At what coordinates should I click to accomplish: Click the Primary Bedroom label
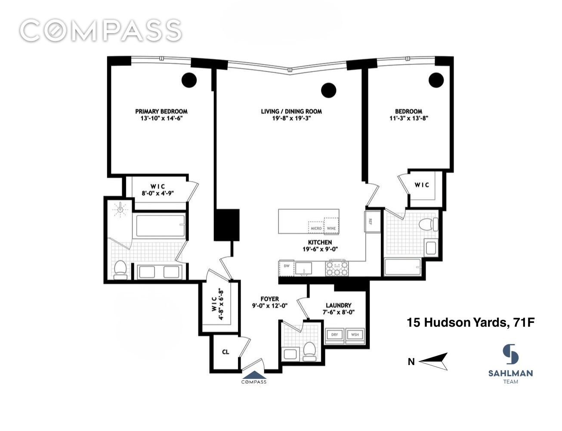pyautogui.click(x=161, y=111)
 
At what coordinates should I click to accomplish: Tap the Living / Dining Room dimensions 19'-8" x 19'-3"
pyautogui.click(x=291, y=119)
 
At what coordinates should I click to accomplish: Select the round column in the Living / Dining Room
pyautogui.click(x=328, y=90)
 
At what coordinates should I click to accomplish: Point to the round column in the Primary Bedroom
pyautogui.click(x=189, y=80)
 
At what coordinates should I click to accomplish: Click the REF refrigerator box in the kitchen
pyautogui.click(x=372, y=222)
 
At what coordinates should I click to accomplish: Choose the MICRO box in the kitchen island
pyautogui.click(x=316, y=228)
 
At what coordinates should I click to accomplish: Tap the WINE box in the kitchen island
pyautogui.click(x=331, y=226)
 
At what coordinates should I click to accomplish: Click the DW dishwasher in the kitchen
pyautogui.click(x=287, y=268)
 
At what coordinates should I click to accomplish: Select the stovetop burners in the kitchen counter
pyautogui.click(x=337, y=269)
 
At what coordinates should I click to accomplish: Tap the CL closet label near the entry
pyautogui.click(x=225, y=352)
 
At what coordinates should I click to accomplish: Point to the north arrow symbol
pyautogui.click(x=433, y=361)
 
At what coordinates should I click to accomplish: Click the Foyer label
pyautogui.click(x=270, y=299)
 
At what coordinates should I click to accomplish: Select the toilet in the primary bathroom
pyautogui.click(x=120, y=270)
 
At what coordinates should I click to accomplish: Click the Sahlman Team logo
pyautogui.click(x=510, y=364)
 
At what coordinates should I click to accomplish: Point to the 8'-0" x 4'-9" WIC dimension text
pyautogui.click(x=157, y=193)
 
